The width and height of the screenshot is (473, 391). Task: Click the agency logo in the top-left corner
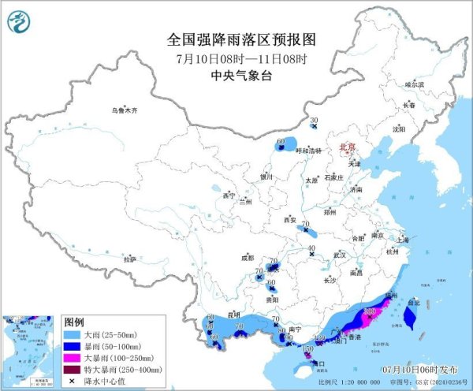tap(17, 20)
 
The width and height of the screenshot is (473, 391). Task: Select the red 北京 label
tap(348, 147)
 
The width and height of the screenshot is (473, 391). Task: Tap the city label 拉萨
tap(130, 259)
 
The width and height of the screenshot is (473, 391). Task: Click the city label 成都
tap(248, 257)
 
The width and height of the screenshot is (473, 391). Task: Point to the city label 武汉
tap(340, 255)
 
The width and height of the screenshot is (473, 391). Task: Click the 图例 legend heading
tap(74, 322)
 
